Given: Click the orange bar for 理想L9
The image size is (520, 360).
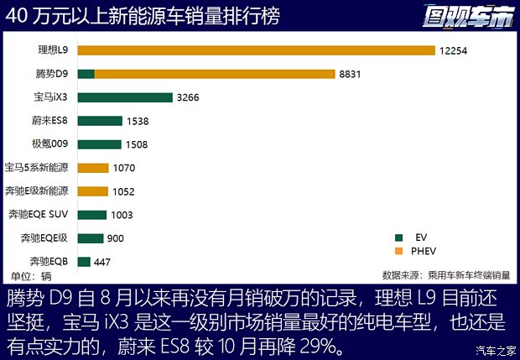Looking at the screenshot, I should (256, 50).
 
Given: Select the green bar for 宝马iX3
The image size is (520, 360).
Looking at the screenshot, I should (124, 97).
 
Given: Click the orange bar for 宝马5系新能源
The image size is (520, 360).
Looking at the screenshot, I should (92, 168).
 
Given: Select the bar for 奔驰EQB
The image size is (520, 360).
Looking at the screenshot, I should (83, 262).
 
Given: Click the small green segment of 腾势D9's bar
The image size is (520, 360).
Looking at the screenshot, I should (86, 74).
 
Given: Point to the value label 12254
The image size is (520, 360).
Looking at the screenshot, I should (453, 50).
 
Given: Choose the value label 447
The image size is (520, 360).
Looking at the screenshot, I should (102, 262).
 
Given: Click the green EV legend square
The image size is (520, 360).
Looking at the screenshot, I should (400, 237).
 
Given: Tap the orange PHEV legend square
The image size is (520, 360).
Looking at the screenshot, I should (400, 251).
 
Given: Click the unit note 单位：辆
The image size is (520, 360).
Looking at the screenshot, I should (31, 275).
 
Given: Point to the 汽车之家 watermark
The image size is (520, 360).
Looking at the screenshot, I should (495, 351).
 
